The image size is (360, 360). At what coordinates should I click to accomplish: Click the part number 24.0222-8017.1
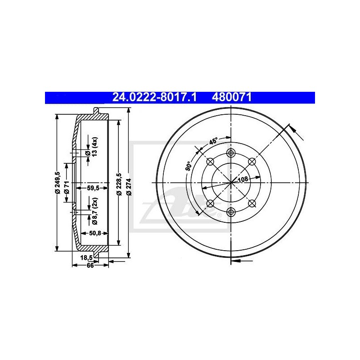click(154, 97)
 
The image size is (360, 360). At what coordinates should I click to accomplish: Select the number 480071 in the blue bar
click(232, 97)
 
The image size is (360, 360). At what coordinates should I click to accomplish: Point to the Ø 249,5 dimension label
click(58, 183)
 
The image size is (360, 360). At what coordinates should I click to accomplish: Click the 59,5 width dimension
click(93, 188)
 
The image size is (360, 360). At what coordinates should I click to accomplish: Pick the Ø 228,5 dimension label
click(119, 184)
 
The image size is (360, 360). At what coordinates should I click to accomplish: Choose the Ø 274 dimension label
click(129, 187)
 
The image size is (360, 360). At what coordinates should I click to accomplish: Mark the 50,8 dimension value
click(95, 233)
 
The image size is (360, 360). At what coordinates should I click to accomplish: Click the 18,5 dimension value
click(86, 257)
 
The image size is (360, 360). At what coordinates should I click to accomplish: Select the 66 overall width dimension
click(90, 265)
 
